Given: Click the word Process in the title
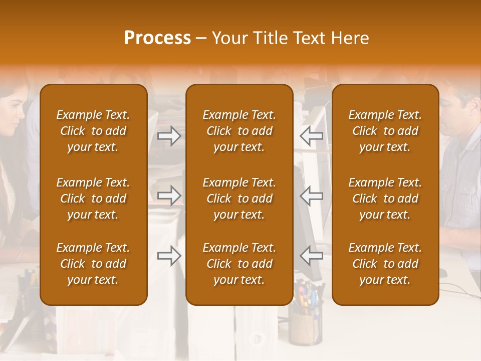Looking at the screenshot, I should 157,38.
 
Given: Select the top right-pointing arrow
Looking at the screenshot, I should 169,135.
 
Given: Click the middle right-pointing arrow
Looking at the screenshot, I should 169,196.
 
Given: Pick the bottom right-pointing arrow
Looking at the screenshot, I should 169,256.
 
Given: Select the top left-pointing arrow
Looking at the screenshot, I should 312,135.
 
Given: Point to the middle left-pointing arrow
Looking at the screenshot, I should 312,196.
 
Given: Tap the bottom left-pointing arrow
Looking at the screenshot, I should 312,256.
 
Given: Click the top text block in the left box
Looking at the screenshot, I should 93,131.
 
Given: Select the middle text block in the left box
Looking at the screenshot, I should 93,199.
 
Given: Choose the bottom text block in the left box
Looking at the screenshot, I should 93,264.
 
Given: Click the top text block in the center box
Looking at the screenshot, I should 239,131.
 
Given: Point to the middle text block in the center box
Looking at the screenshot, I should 239,199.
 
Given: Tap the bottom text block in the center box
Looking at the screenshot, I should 239,264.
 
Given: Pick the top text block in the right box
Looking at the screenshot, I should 385,131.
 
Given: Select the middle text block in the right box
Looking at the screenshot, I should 385,199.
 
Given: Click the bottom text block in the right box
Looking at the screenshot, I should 385,264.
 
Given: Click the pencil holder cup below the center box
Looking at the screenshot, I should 305,326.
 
